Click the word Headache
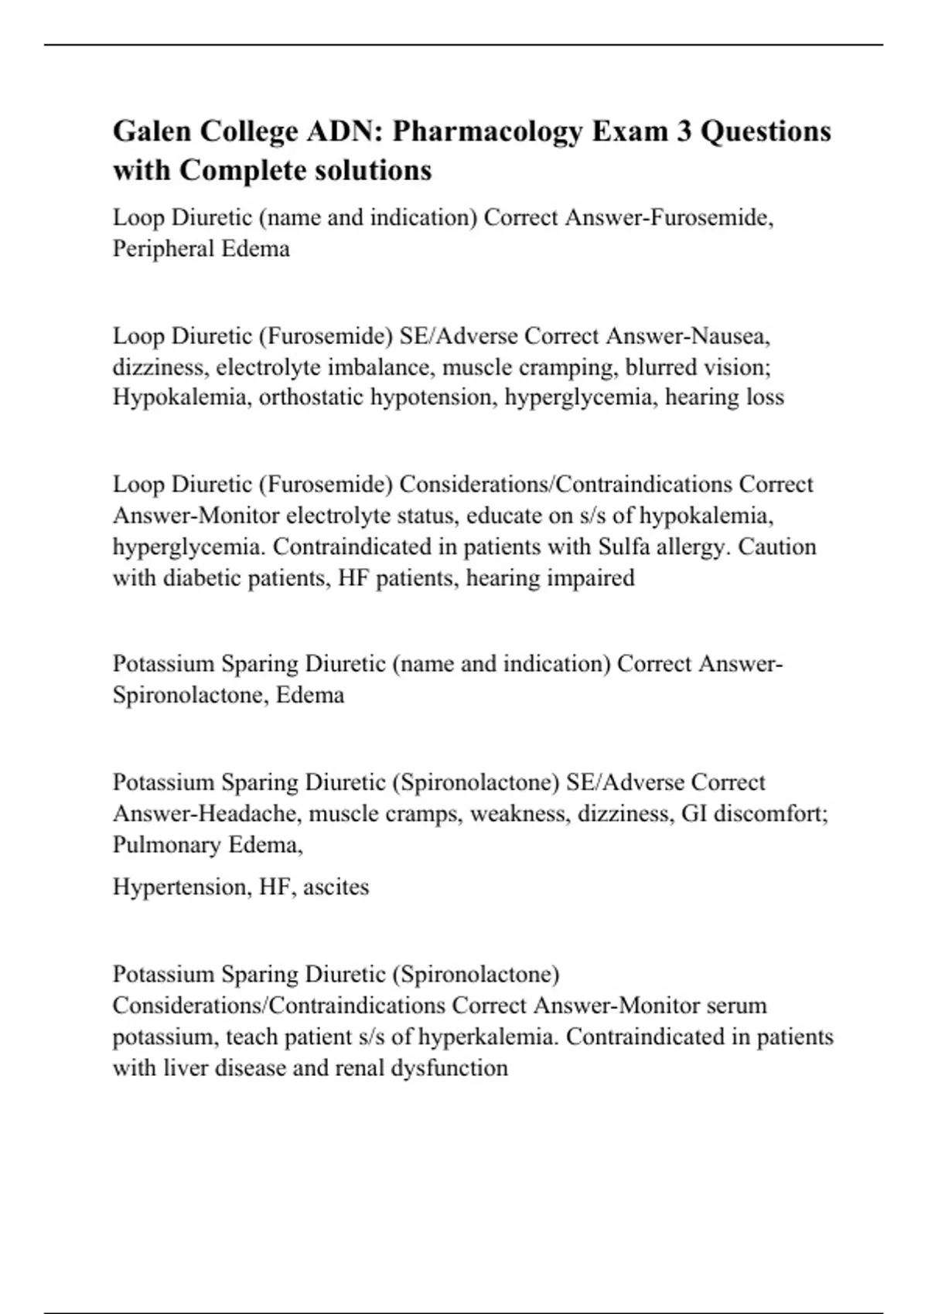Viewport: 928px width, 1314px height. coord(251,813)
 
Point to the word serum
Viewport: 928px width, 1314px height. coord(741,1006)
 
